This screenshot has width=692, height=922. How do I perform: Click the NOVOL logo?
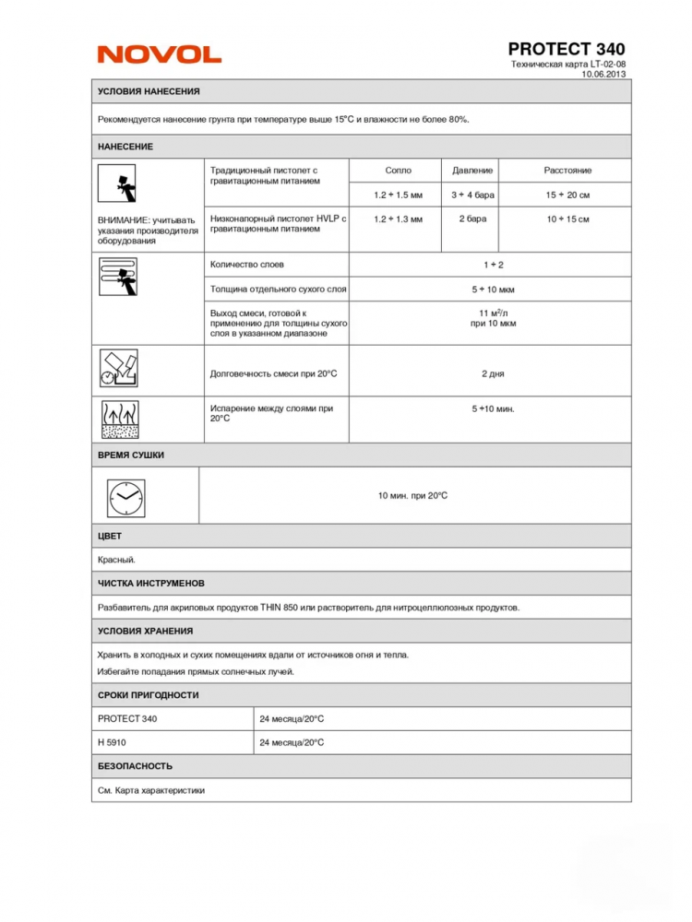pyautogui.click(x=160, y=55)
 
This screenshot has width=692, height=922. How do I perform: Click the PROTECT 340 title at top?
pyautogui.click(x=566, y=48)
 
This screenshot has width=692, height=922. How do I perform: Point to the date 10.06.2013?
pyautogui.click(x=603, y=75)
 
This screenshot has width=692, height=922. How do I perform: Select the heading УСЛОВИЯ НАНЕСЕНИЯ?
pyautogui.click(x=149, y=91)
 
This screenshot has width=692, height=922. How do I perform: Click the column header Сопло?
pyautogui.click(x=398, y=171)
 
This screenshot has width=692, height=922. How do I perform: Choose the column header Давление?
pyautogui.click(x=472, y=171)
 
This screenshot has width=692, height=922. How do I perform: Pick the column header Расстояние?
pyautogui.click(x=567, y=171)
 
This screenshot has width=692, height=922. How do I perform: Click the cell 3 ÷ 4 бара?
pyautogui.click(x=472, y=195)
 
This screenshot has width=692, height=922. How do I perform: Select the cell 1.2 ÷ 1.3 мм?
pyautogui.click(x=398, y=219)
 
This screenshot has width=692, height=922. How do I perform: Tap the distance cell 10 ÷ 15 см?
pyautogui.click(x=567, y=219)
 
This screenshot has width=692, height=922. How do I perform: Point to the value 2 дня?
pyautogui.click(x=493, y=373)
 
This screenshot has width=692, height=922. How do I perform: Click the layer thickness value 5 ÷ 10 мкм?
pyautogui.click(x=493, y=290)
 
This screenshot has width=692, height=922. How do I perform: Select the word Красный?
pyautogui.click(x=117, y=559)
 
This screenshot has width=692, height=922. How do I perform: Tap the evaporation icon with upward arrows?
pyautogui.click(x=118, y=420)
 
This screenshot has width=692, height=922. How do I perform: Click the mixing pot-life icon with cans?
pyautogui.click(x=118, y=369)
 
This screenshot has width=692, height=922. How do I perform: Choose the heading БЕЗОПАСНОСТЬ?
pyautogui.click(x=135, y=766)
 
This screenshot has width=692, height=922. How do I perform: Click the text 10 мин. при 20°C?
pyautogui.click(x=412, y=496)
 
